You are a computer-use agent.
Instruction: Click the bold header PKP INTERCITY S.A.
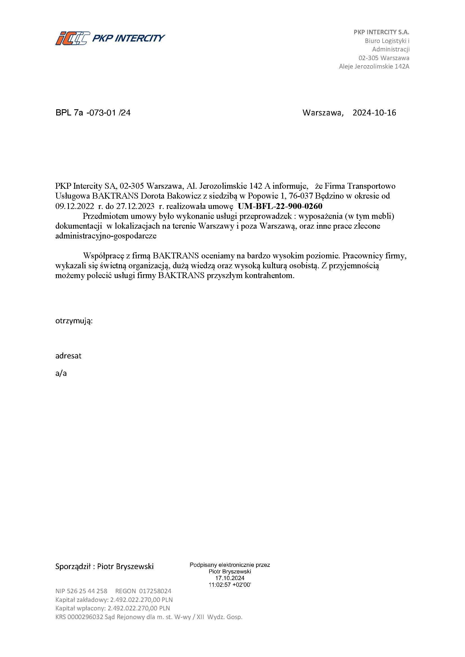click(382, 32)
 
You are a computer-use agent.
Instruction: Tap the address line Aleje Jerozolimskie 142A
click(374, 67)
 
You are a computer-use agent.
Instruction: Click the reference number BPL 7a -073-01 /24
click(93, 113)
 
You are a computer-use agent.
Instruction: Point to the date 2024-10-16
click(374, 113)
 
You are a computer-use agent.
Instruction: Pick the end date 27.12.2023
click(135, 206)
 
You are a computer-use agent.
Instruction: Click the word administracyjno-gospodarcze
click(106, 236)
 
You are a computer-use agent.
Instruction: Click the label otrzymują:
click(74, 321)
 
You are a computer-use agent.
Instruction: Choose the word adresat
click(68, 356)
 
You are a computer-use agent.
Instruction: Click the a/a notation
click(61, 373)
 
